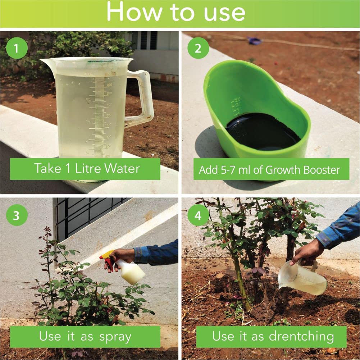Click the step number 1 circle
[x=16, y=48]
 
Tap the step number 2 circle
[x=198, y=48]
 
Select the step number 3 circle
[x=16, y=215]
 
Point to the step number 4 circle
[x=198, y=215]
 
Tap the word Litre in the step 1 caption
[x=90, y=168]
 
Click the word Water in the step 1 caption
[x=122, y=168]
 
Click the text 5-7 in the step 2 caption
[x=225, y=170]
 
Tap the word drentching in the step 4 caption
[x=301, y=336]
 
